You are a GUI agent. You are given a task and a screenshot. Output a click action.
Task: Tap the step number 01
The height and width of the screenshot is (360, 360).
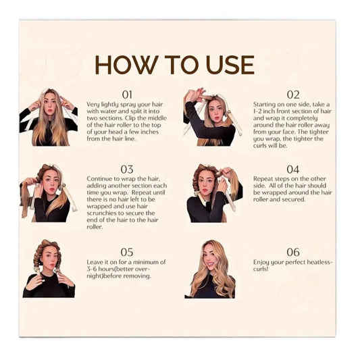point(127,95)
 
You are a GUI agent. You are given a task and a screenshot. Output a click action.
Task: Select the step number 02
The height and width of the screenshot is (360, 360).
point(293,95)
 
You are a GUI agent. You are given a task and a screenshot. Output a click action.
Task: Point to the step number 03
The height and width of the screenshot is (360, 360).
point(127,170)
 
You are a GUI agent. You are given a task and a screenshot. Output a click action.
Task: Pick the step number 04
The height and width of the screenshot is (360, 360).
point(293,170)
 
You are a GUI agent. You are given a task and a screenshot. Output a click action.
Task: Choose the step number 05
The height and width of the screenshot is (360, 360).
point(127,252)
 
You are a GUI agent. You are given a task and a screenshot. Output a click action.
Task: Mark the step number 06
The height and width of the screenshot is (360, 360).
point(293,252)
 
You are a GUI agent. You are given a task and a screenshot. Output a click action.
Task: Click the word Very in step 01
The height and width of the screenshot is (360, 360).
point(93,105)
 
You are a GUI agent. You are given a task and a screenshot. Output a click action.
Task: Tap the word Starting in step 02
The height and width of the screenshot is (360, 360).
point(264,105)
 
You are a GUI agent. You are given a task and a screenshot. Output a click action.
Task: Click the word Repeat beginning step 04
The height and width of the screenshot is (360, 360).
point(263,179)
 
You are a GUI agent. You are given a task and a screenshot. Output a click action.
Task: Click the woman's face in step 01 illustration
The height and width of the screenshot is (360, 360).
point(50,106)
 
